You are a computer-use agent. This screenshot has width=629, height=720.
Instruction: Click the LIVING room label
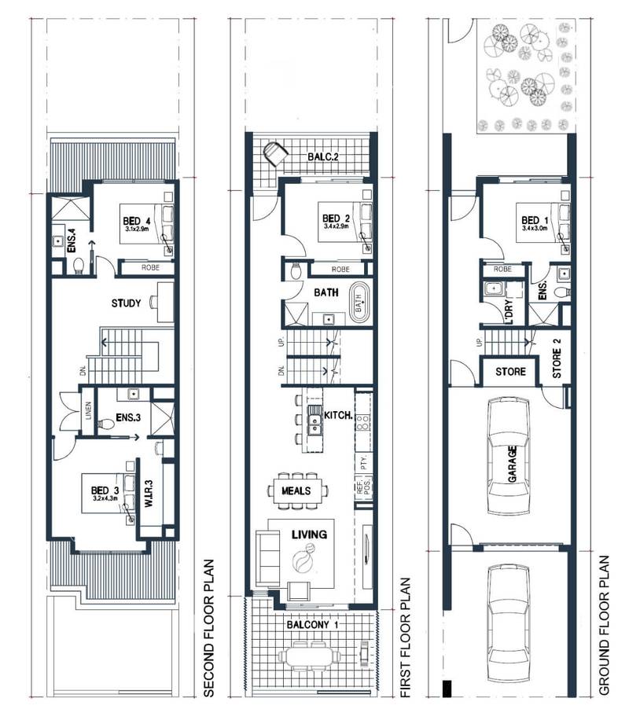[x=308, y=534]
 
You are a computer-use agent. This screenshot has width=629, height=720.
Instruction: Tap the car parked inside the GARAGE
[x=509, y=456]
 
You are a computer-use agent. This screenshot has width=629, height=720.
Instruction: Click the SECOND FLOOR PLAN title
[x=209, y=628]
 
